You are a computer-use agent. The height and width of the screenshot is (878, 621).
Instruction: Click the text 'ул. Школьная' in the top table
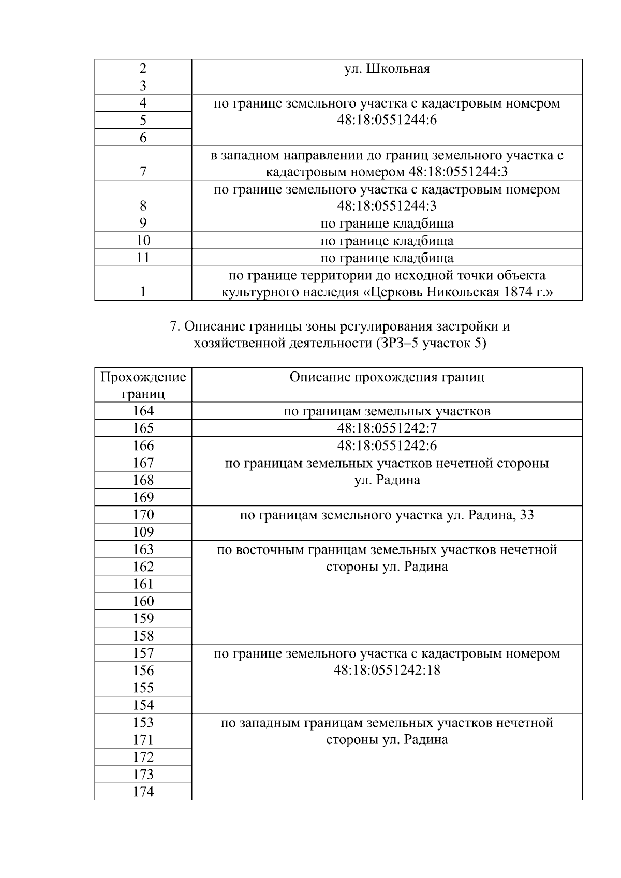click(x=387, y=69)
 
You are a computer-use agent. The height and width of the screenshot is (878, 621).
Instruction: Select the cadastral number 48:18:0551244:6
click(x=387, y=120)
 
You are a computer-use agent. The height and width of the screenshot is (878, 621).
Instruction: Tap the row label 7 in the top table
click(x=143, y=172)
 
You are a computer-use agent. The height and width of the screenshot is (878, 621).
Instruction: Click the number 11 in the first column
click(x=143, y=258)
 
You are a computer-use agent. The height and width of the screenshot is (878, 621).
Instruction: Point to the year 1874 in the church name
click(x=517, y=292)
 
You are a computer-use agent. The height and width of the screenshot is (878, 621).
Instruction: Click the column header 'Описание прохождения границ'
click(x=387, y=377)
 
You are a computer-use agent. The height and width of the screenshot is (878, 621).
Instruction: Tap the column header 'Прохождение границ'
click(x=143, y=385)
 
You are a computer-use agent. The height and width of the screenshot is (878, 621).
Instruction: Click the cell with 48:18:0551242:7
click(x=387, y=428)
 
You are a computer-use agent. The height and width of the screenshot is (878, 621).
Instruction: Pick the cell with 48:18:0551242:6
click(x=387, y=445)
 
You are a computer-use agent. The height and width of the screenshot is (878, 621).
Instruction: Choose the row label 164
click(x=143, y=411)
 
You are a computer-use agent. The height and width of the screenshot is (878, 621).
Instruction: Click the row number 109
click(x=143, y=532)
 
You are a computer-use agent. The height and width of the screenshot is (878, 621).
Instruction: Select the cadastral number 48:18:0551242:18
click(x=387, y=671)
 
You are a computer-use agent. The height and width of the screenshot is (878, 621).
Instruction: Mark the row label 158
click(x=143, y=636)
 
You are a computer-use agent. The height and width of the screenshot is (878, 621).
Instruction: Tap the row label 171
click(x=143, y=739)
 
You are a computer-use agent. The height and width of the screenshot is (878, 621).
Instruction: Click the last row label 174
click(x=143, y=792)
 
